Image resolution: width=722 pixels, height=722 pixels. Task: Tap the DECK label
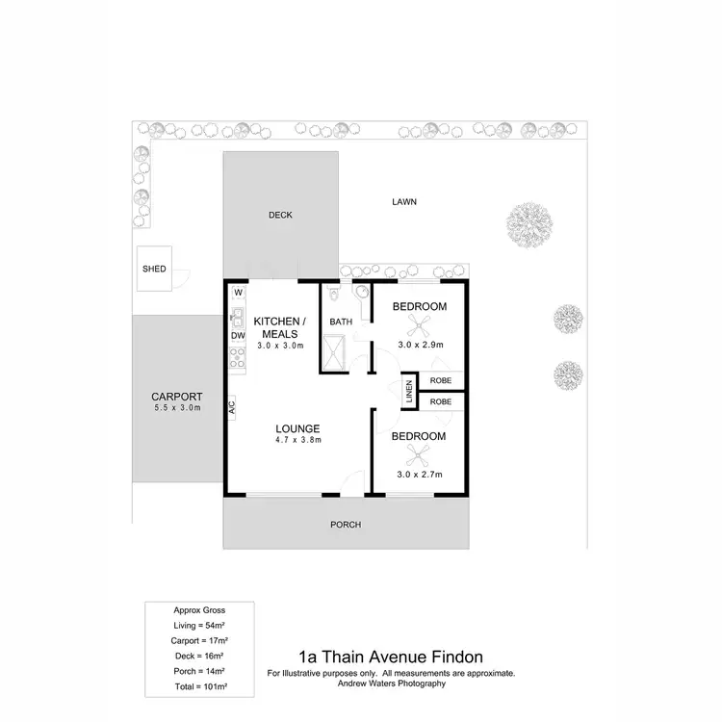280,215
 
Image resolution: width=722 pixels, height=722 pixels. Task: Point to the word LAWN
403,202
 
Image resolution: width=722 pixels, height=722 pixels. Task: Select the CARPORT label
176,396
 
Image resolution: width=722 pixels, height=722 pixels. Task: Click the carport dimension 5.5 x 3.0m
176,408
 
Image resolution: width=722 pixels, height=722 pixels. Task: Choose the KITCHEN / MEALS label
279,327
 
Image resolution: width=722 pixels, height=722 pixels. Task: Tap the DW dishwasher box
237,335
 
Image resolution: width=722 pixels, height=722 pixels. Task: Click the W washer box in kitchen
237,292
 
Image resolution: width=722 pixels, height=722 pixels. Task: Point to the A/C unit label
232,407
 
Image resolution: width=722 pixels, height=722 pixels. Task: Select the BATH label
341,322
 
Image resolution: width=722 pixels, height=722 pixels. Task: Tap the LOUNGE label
297,428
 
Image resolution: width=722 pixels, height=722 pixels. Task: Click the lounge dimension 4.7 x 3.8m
297,441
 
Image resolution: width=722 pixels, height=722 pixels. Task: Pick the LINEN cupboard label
409,390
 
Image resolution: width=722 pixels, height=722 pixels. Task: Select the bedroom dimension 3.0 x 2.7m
419,475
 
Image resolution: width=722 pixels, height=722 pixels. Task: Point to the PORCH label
345,525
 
